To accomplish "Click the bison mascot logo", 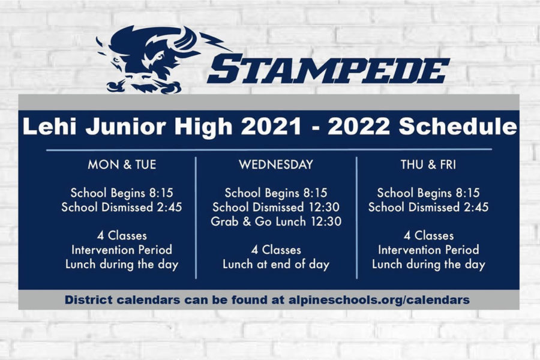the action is point(155,59).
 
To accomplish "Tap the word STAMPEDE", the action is point(328,70).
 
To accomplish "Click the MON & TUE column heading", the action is point(122,164).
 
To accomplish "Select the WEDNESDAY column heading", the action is point(276,164).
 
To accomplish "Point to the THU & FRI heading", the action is point(428,164).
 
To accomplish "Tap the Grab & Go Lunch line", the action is point(276,221).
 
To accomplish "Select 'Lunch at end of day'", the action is point(276,264).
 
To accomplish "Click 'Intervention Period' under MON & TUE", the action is point(122,250).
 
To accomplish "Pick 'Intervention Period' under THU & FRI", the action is point(428,250).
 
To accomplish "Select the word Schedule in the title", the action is point(458,127).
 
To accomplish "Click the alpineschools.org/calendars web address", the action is point(379,300).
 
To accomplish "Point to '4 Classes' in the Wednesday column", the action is point(276,250).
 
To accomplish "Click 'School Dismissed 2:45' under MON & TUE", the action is point(122,207).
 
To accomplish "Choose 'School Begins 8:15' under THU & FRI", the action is point(428,193).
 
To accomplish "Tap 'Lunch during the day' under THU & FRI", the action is point(428,264).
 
